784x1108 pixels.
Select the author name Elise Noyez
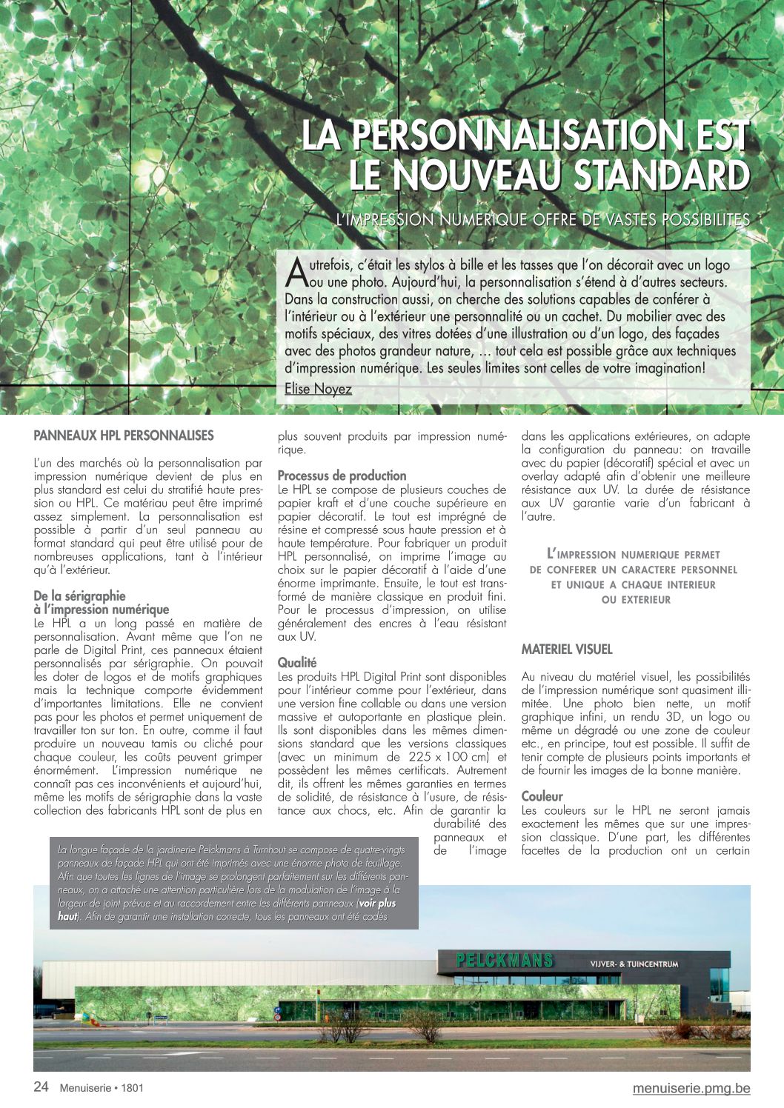pos(318,389)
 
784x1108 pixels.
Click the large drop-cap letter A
pos(295,272)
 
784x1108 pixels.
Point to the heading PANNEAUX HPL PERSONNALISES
pos(123,435)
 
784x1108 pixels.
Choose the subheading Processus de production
pos(342,475)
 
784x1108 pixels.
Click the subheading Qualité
pos(296,662)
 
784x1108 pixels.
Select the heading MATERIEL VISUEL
pos(566,650)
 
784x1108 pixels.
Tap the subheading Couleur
pos(542,797)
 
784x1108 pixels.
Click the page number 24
pos(41,1087)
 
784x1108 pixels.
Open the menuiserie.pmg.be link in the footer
pos(691,1088)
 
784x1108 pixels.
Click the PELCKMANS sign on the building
pos(505,961)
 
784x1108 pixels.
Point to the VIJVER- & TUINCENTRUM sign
pos(634,964)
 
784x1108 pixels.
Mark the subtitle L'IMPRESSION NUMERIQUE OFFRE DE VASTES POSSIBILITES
pos(542,219)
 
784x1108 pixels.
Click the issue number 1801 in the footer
pos(132,1088)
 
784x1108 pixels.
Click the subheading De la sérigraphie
pos(79,595)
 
